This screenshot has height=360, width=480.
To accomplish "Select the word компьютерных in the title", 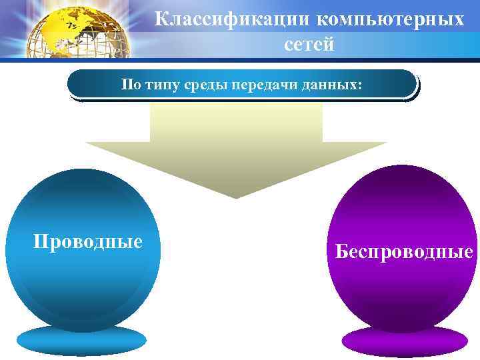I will pos(390,19).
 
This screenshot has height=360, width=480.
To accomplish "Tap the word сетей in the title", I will pos(309,45).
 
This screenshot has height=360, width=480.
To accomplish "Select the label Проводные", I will pos(88,241).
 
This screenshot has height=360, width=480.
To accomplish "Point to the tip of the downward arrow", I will pos(236,196).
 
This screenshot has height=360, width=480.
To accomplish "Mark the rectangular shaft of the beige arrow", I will pos(236,123).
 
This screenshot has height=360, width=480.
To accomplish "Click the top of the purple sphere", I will pos(403,175).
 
